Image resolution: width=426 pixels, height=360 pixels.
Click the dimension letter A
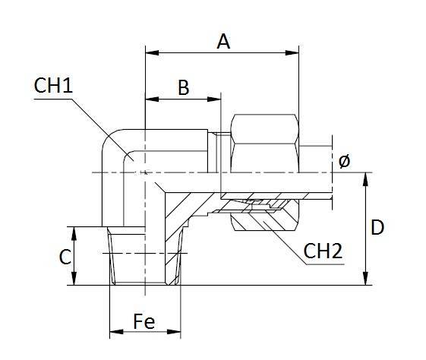point(223,42)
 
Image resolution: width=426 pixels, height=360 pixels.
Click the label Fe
point(144,322)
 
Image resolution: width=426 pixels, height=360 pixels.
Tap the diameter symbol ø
point(343,161)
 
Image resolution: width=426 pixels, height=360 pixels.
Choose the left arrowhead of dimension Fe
point(114,333)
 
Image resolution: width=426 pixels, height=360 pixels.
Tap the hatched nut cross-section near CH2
point(258,222)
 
